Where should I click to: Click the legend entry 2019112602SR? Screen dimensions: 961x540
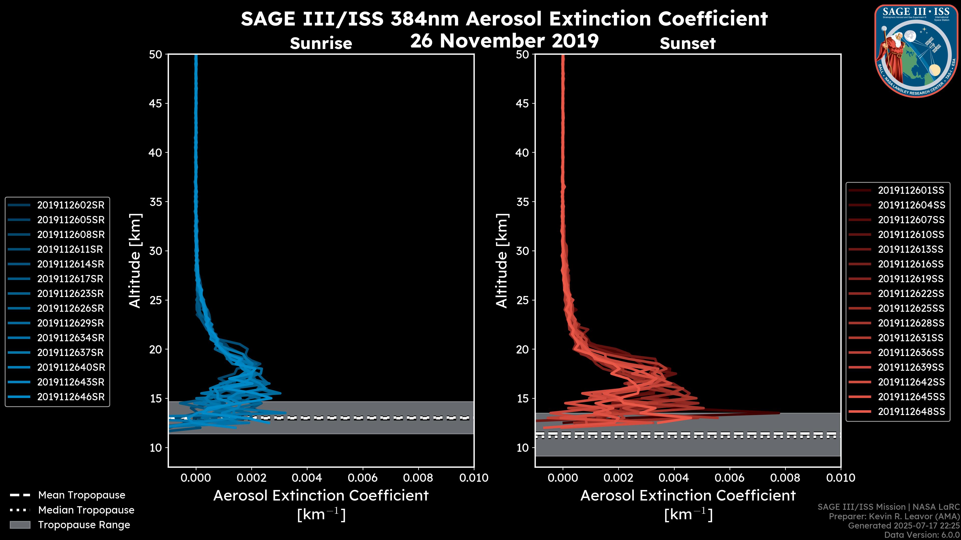(x=71, y=205)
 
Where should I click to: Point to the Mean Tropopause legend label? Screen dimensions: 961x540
(x=82, y=495)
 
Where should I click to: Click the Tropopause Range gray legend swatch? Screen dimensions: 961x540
(x=20, y=525)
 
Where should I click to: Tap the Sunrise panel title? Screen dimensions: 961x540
(x=321, y=43)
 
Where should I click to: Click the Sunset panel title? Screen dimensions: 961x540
(x=687, y=43)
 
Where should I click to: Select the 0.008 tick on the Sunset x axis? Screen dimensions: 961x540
(x=785, y=478)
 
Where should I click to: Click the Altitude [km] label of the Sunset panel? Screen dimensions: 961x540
(x=502, y=260)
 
